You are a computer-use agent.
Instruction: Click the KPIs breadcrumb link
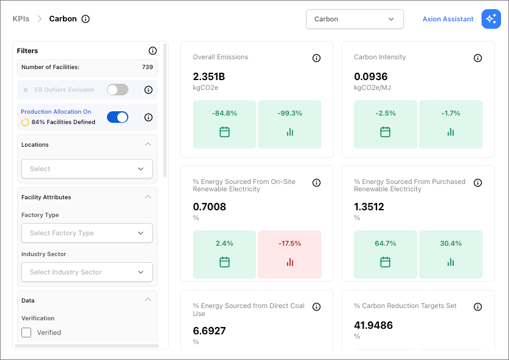(21, 19)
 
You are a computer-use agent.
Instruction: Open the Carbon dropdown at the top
(355, 19)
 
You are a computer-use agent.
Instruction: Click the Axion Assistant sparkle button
(491, 19)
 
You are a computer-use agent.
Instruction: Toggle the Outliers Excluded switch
(117, 90)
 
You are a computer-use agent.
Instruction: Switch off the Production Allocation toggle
(117, 117)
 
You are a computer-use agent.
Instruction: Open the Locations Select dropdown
(87, 169)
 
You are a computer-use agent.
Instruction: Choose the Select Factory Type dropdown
(87, 233)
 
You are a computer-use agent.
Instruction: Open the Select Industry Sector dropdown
(87, 272)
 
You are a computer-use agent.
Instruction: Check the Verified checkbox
(26, 332)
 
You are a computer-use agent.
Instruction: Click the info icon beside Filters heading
(153, 51)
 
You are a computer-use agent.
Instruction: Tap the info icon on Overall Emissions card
(317, 58)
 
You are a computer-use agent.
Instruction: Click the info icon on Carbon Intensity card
(478, 58)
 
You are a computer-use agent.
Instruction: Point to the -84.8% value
(224, 113)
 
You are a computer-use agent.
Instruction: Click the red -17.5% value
(290, 243)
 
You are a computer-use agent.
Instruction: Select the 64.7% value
(386, 243)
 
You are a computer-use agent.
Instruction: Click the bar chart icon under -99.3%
(290, 132)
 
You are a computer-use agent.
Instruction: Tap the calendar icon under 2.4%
(224, 262)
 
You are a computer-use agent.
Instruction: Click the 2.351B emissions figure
(209, 76)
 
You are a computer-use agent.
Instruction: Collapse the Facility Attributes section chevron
(148, 197)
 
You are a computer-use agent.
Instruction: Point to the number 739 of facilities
(147, 67)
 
